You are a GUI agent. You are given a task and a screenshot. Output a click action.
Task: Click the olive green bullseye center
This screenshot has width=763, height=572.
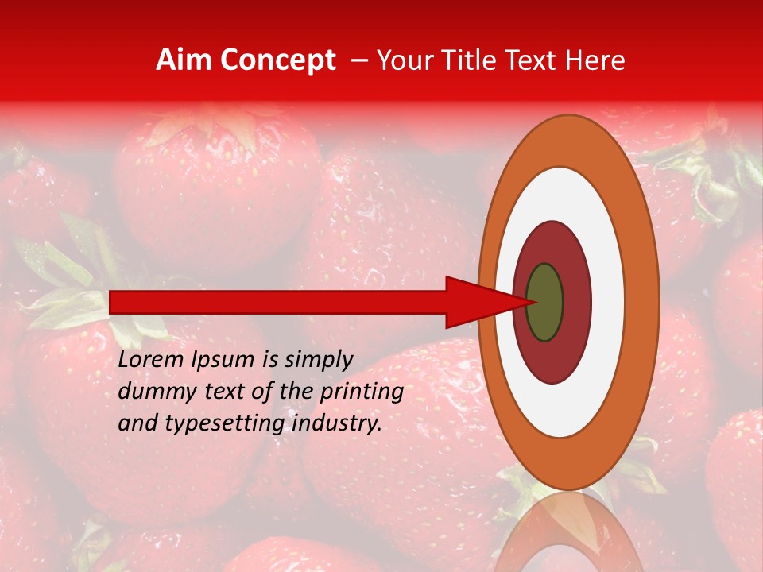[x=544, y=302]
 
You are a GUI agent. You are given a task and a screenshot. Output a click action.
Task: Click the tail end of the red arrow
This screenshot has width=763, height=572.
[x=115, y=302]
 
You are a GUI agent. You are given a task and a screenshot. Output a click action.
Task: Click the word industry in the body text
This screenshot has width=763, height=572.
[x=335, y=423]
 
